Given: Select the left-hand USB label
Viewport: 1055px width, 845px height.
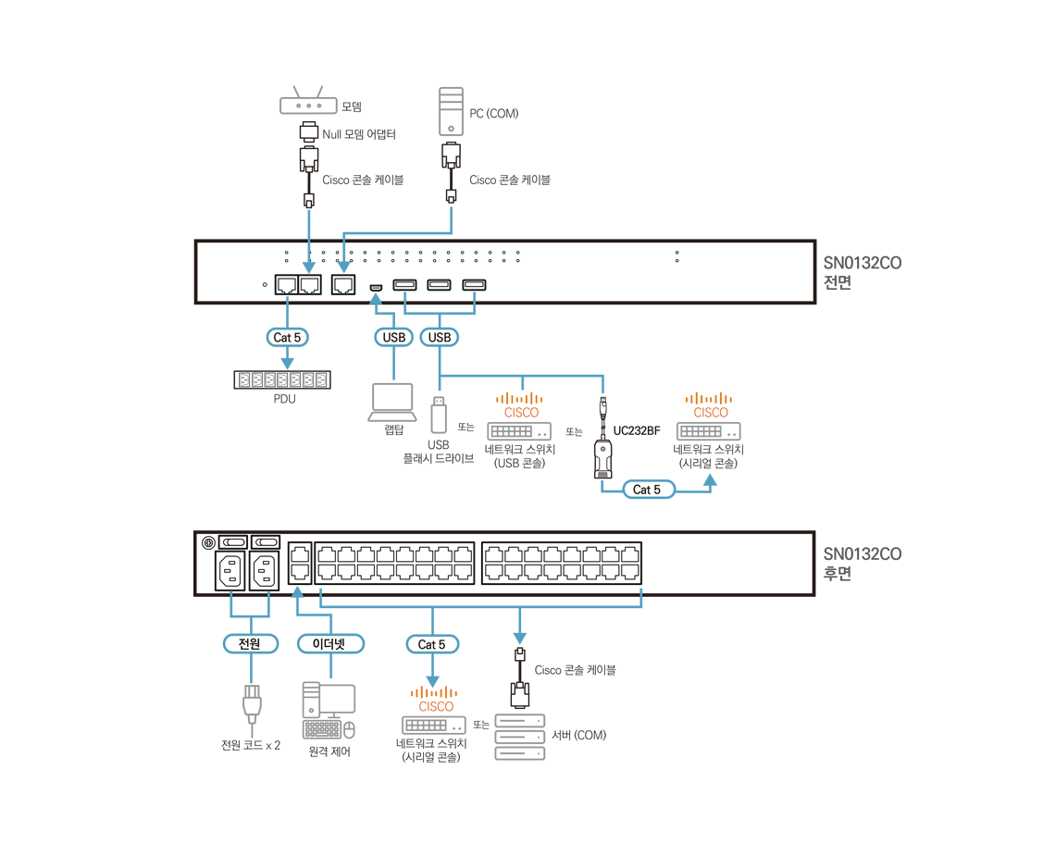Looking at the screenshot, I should click(394, 338).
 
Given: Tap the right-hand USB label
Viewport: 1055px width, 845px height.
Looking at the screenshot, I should click(439, 338).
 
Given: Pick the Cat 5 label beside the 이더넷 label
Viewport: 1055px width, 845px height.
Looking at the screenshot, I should click(432, 644).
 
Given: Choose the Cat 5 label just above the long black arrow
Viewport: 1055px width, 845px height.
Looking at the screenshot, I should click(647, 490).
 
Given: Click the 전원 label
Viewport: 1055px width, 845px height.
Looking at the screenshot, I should click(251, 644).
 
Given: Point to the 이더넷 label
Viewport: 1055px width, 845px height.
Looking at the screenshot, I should click(329, 644).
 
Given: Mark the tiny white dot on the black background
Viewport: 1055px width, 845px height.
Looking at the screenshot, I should click(604, 404).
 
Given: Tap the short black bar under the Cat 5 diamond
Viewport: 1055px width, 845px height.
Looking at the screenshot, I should click(282, 379).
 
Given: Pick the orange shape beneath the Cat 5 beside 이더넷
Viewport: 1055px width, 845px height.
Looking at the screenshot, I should click(433, 692).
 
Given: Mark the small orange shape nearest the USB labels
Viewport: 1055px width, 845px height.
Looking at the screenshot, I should click(520, 400).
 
